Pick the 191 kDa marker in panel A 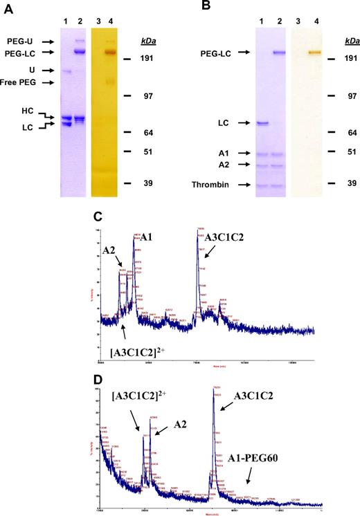point(146,59)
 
